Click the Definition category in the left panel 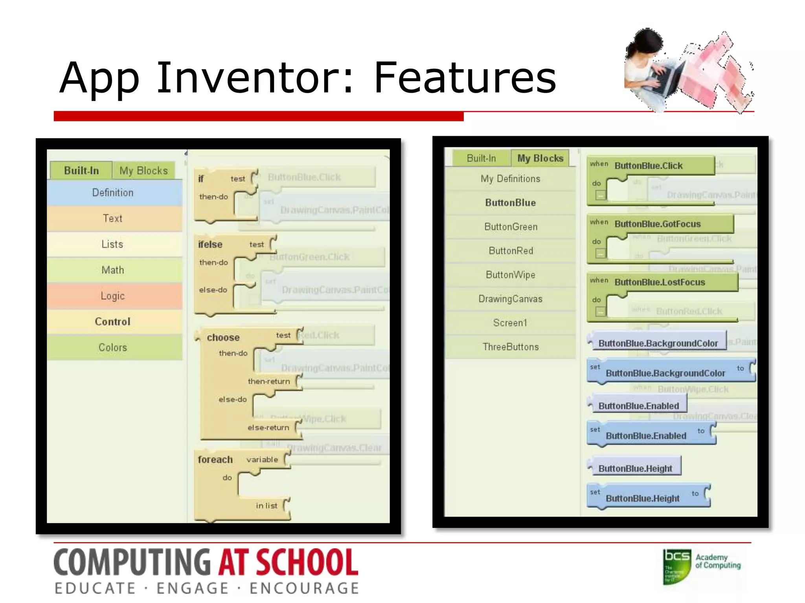click(x=113, y=193)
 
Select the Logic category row click(x=113, y=296)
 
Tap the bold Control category click(x=113, y=322)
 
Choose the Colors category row click(x=113, y=348)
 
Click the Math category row click(x=113, y=270)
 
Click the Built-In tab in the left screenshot click(x=81, y=171)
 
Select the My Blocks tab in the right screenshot click(x=540, y=158)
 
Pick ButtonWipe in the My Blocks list click(x=511, y=275)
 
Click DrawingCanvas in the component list click(x=511, y=299)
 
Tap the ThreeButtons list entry click(x=511, y=347)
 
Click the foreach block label click(x=215, y=460)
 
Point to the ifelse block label click(x=210, y=245)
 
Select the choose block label click(x=223, y=338)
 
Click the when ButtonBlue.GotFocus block click(x=657, y=224)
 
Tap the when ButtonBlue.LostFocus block click(x=660, y=282)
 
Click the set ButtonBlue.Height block click(x=642, y=499)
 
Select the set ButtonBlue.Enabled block click(x=646, y=436)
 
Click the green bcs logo click(x=677, y=566)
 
